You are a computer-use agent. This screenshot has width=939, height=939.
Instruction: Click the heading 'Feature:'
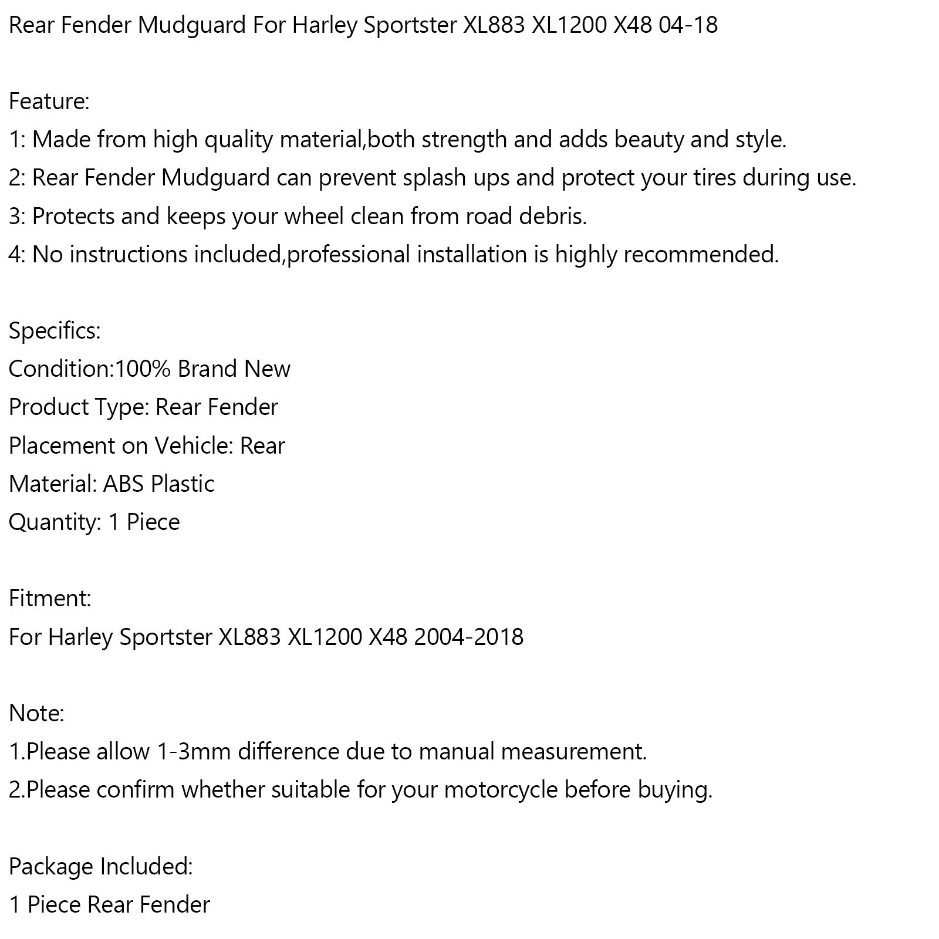click(49, 102)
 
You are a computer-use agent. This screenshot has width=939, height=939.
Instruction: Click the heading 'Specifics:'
click(55, 331)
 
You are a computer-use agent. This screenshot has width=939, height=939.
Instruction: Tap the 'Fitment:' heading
click(50, 599)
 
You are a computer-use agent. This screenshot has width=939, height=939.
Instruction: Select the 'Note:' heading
click(36, 713)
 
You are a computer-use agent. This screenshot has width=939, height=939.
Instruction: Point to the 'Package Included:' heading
click(100, 866)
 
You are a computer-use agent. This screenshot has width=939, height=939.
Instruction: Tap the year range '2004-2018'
click(468, 637)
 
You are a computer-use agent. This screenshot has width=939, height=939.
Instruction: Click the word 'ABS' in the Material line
click(124, 484)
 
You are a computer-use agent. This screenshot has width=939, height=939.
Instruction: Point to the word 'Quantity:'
click(55, 522)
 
